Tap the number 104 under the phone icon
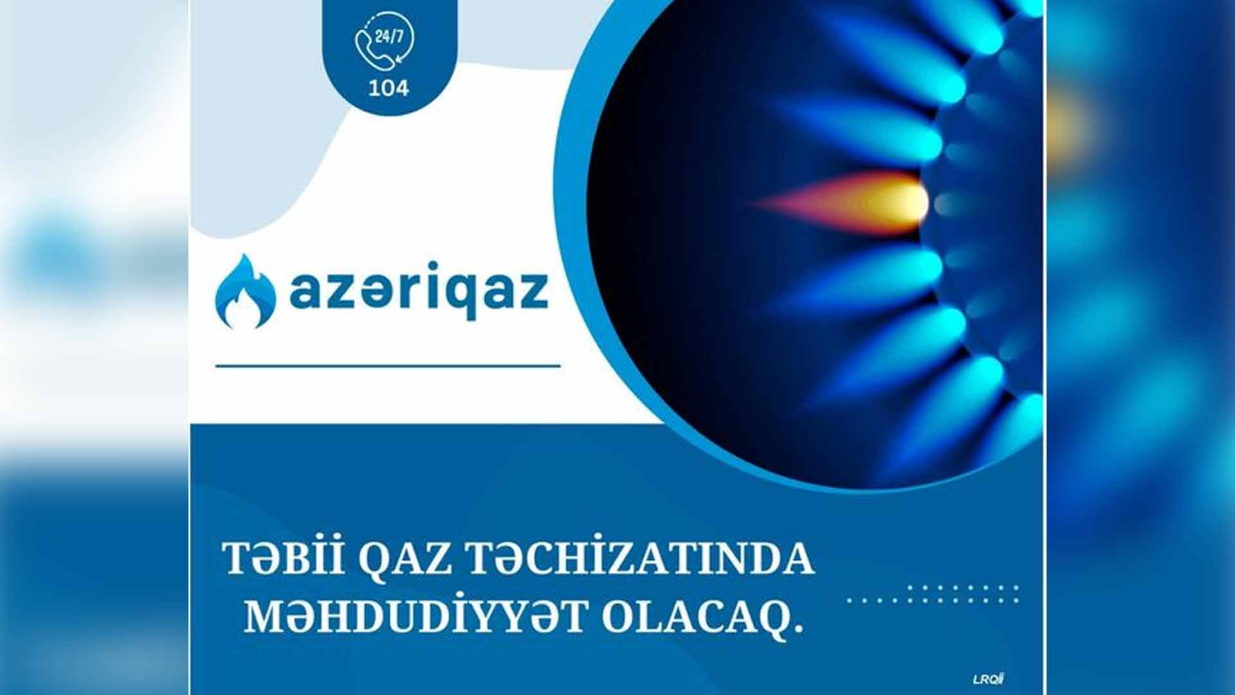click(x=389, y=88)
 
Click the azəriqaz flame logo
click(x=245, y=292)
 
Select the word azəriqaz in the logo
click(x=419, y=290)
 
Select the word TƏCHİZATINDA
click(x=639, y=558)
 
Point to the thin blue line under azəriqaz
click(x=388, y=366)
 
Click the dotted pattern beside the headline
click(x=933, y=594)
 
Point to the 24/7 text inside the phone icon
click(x=389, y=35)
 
